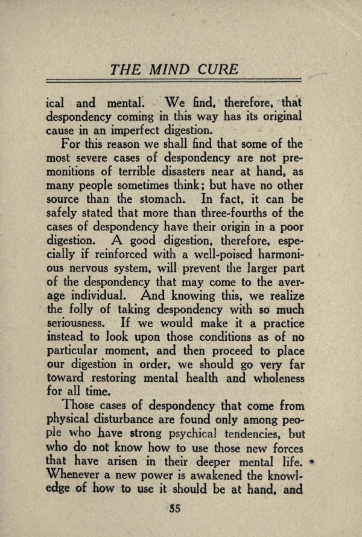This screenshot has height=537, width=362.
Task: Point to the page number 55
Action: click(x=176, y=508)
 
